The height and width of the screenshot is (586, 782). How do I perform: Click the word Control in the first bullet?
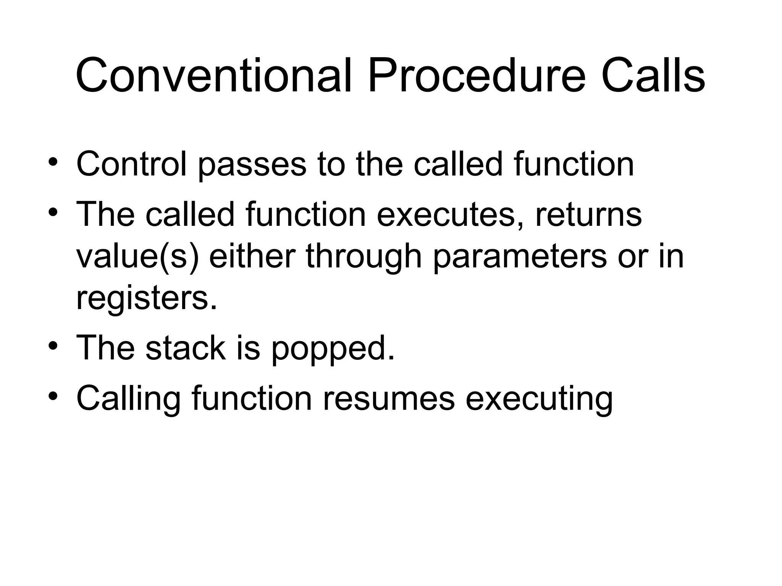click(x=132, y=164)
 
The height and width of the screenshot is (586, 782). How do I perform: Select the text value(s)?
click(x=138, y=256)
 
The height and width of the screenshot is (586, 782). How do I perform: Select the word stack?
click(x=186, y=348)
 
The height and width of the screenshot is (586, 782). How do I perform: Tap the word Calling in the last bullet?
click(x=128, y=399)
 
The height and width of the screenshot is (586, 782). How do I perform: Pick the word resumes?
click(x=389, y=399)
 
